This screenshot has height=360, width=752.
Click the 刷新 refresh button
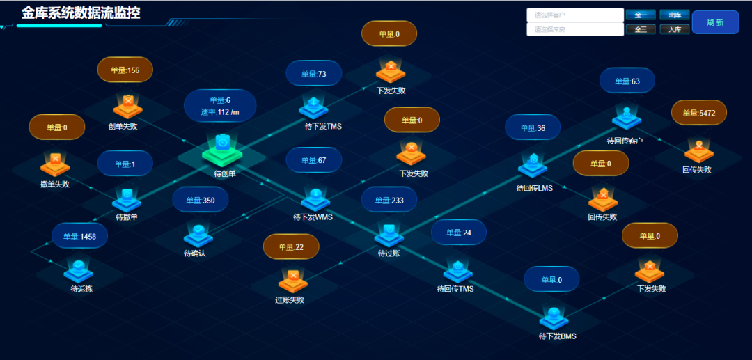click(x=715, y=22)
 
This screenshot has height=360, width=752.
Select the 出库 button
click(x=674, y=15)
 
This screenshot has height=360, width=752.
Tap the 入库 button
click(x=674, y=29)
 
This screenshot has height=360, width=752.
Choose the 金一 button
click(x=641, y=15)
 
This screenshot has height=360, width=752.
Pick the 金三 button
click(x=641, y=29)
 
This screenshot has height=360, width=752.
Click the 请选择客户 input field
click(x=574, y=15)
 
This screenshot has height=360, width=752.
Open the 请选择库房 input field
click(x=574, y=29)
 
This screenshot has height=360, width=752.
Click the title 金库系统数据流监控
click(x=81, y=13)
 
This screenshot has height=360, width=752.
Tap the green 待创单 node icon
click(x=221, y=148)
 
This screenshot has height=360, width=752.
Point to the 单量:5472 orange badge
click(x=698, y=113)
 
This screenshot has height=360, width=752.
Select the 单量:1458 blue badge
click(x=79, y=236)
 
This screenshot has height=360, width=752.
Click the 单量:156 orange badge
click(x=125, y=70)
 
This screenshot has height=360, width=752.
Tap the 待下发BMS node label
click(x=558, y=336)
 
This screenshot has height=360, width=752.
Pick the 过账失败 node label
click(x=290, y=300)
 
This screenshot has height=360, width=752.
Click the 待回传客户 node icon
click(x=626, y=117)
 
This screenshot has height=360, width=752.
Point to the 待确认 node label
click(x=195, y=253)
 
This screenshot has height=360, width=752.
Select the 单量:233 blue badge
click(x=389, y=201)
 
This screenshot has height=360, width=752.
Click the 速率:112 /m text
click(x=220, y=112)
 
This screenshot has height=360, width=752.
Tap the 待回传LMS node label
click(x=534, y=188)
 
